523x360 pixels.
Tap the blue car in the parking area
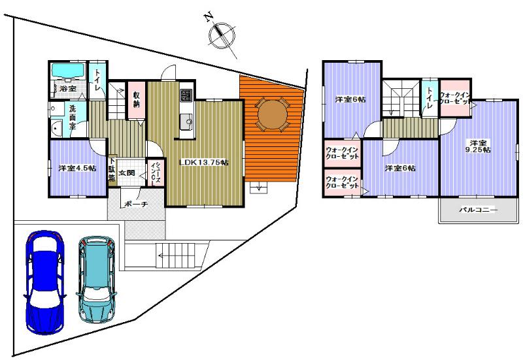click(42, 281)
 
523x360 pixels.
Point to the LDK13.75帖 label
click(204, 162)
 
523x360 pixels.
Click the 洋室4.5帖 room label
click(74, 168)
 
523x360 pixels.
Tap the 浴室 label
click(68, 88)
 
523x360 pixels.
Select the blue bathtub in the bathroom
click(67, 71)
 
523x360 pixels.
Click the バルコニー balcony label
click(478, 210)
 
